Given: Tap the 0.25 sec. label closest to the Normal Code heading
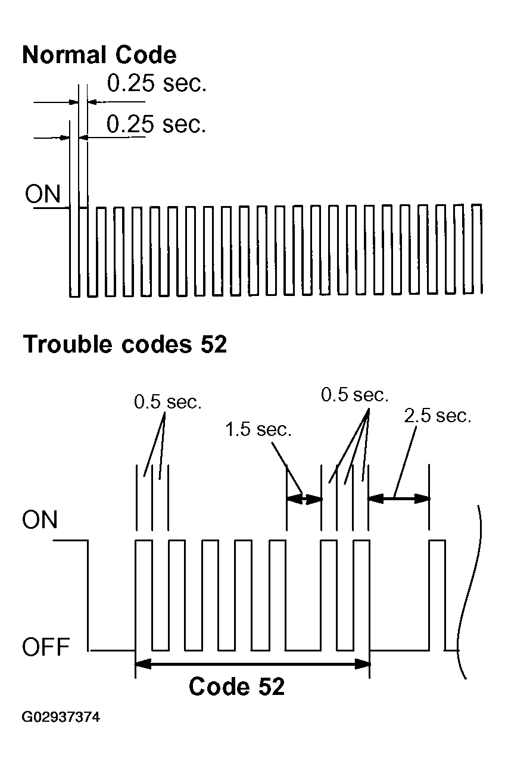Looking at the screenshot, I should [157, 84].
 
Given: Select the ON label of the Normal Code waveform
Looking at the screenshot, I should [42, 195].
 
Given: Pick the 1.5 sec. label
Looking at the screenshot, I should [258, 429].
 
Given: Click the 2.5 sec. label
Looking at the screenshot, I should [437, 415].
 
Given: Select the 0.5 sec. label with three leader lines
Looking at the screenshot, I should [354, 394].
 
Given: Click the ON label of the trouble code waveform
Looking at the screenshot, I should [39, 520].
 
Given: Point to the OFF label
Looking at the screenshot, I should [46, 647].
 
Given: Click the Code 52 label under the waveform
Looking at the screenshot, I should [236, 687].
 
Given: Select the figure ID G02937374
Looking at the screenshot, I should [61, 717].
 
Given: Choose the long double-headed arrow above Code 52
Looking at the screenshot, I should [253, 662].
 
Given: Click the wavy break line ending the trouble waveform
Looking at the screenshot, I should [467, 590].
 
